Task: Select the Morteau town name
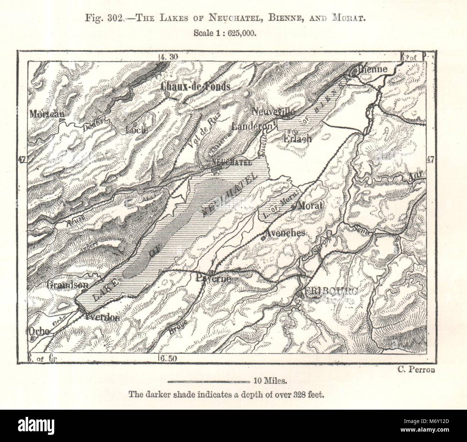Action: (47, 113)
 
